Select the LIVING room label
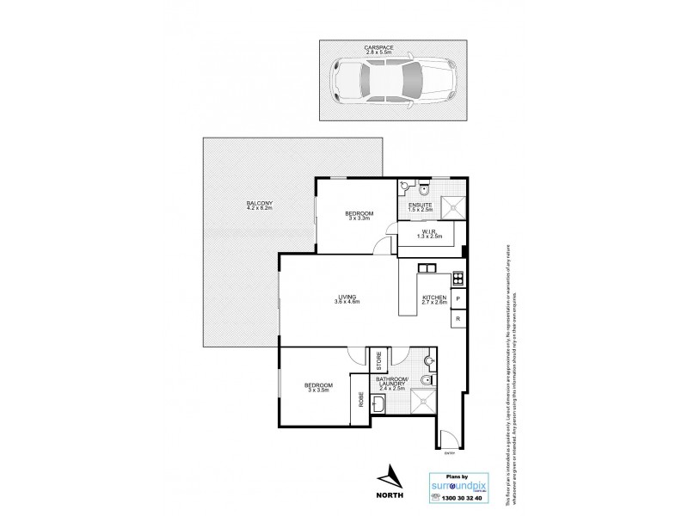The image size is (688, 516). pyautogui.click(x=347, y=298)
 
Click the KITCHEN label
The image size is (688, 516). pyautogui.click(x=433, y=298)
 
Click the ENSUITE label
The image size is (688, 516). pyautogui.click(x=421, y=204)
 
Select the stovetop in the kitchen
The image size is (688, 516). pyautogui.click(x=458, y=277)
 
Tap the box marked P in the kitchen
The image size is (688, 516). pyautogui.click(x=458, y=298)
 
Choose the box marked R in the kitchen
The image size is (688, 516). pyautogui.click(x=458, y=319)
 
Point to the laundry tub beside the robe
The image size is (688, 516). pyautogui.click(x=379, y=402)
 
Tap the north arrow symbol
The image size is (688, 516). pyautogui.click(x=392, y=474)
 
